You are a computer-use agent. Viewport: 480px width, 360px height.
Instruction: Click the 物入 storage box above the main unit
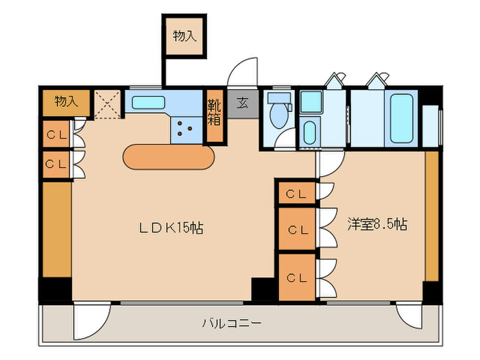tap(184, 37)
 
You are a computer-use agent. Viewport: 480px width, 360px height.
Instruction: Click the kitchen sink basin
tap(148, 104)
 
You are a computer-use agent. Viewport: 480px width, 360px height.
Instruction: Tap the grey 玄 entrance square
tap(243, 104)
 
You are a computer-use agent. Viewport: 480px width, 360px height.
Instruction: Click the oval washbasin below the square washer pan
tap(310, 130)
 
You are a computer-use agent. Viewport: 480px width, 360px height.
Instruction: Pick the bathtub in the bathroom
tap(400, 117)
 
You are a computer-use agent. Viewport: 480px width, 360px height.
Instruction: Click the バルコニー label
tap(232, 322)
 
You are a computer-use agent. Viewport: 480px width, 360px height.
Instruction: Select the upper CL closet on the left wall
tap(56, 135)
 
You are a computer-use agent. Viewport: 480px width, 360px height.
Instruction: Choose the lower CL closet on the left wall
tap(56, 164)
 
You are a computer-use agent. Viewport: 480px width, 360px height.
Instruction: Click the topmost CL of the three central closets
tap(296, 193)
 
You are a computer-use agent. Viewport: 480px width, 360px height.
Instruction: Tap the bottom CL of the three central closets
tap(296, 277)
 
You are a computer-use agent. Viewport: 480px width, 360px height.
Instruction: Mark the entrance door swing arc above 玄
tap(243, 72)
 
